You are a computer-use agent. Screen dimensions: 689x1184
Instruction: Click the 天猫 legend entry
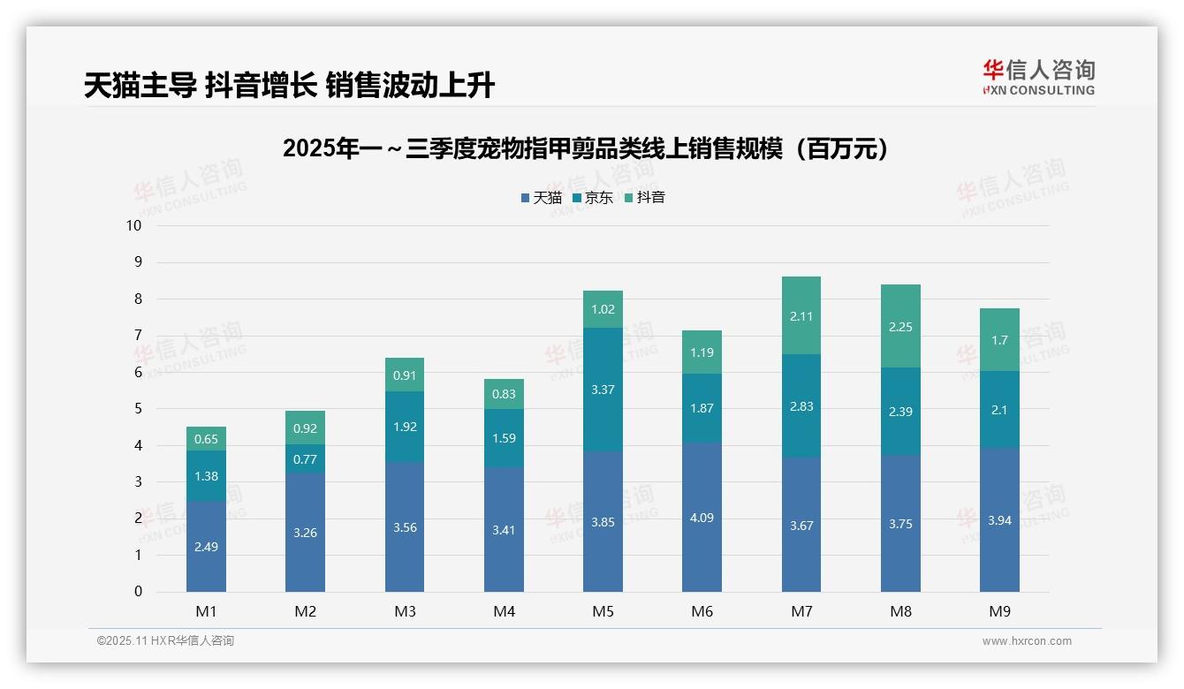pos(541,198)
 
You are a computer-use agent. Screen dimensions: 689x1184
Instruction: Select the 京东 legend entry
pos(592,198)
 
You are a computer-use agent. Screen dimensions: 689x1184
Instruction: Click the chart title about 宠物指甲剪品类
pos(585,148)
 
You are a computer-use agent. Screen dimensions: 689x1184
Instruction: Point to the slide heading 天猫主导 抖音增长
pos(289,85)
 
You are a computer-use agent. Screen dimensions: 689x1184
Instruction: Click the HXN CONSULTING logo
pos(1038,77)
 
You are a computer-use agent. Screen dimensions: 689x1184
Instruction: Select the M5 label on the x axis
pos(603,611)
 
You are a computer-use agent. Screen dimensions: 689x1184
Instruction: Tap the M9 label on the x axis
pos(999,611)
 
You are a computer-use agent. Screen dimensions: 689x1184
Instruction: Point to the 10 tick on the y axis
pos(133,225)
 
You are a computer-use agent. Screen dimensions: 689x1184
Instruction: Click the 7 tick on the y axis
pos(137,336)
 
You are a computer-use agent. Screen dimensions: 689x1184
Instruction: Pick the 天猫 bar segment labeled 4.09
pos(702,517)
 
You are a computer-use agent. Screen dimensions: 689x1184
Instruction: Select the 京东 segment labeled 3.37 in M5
pos(603,390)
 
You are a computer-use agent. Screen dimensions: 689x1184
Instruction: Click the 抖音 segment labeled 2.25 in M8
pos(900,326)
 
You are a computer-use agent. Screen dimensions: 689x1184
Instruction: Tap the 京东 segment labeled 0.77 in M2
pos(305,458)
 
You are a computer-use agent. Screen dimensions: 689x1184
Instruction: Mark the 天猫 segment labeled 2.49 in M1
pos(206,546)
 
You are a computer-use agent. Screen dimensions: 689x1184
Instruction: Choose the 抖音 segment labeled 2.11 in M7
pos(801,315)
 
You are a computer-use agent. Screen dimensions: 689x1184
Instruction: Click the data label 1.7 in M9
pos(999,340)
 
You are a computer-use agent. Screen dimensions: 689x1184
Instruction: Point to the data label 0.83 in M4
pos(504,394)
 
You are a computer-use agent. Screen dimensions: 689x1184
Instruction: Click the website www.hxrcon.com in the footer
pos(1026,641)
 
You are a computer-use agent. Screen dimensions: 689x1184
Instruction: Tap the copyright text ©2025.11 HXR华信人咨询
pos(165,641)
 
